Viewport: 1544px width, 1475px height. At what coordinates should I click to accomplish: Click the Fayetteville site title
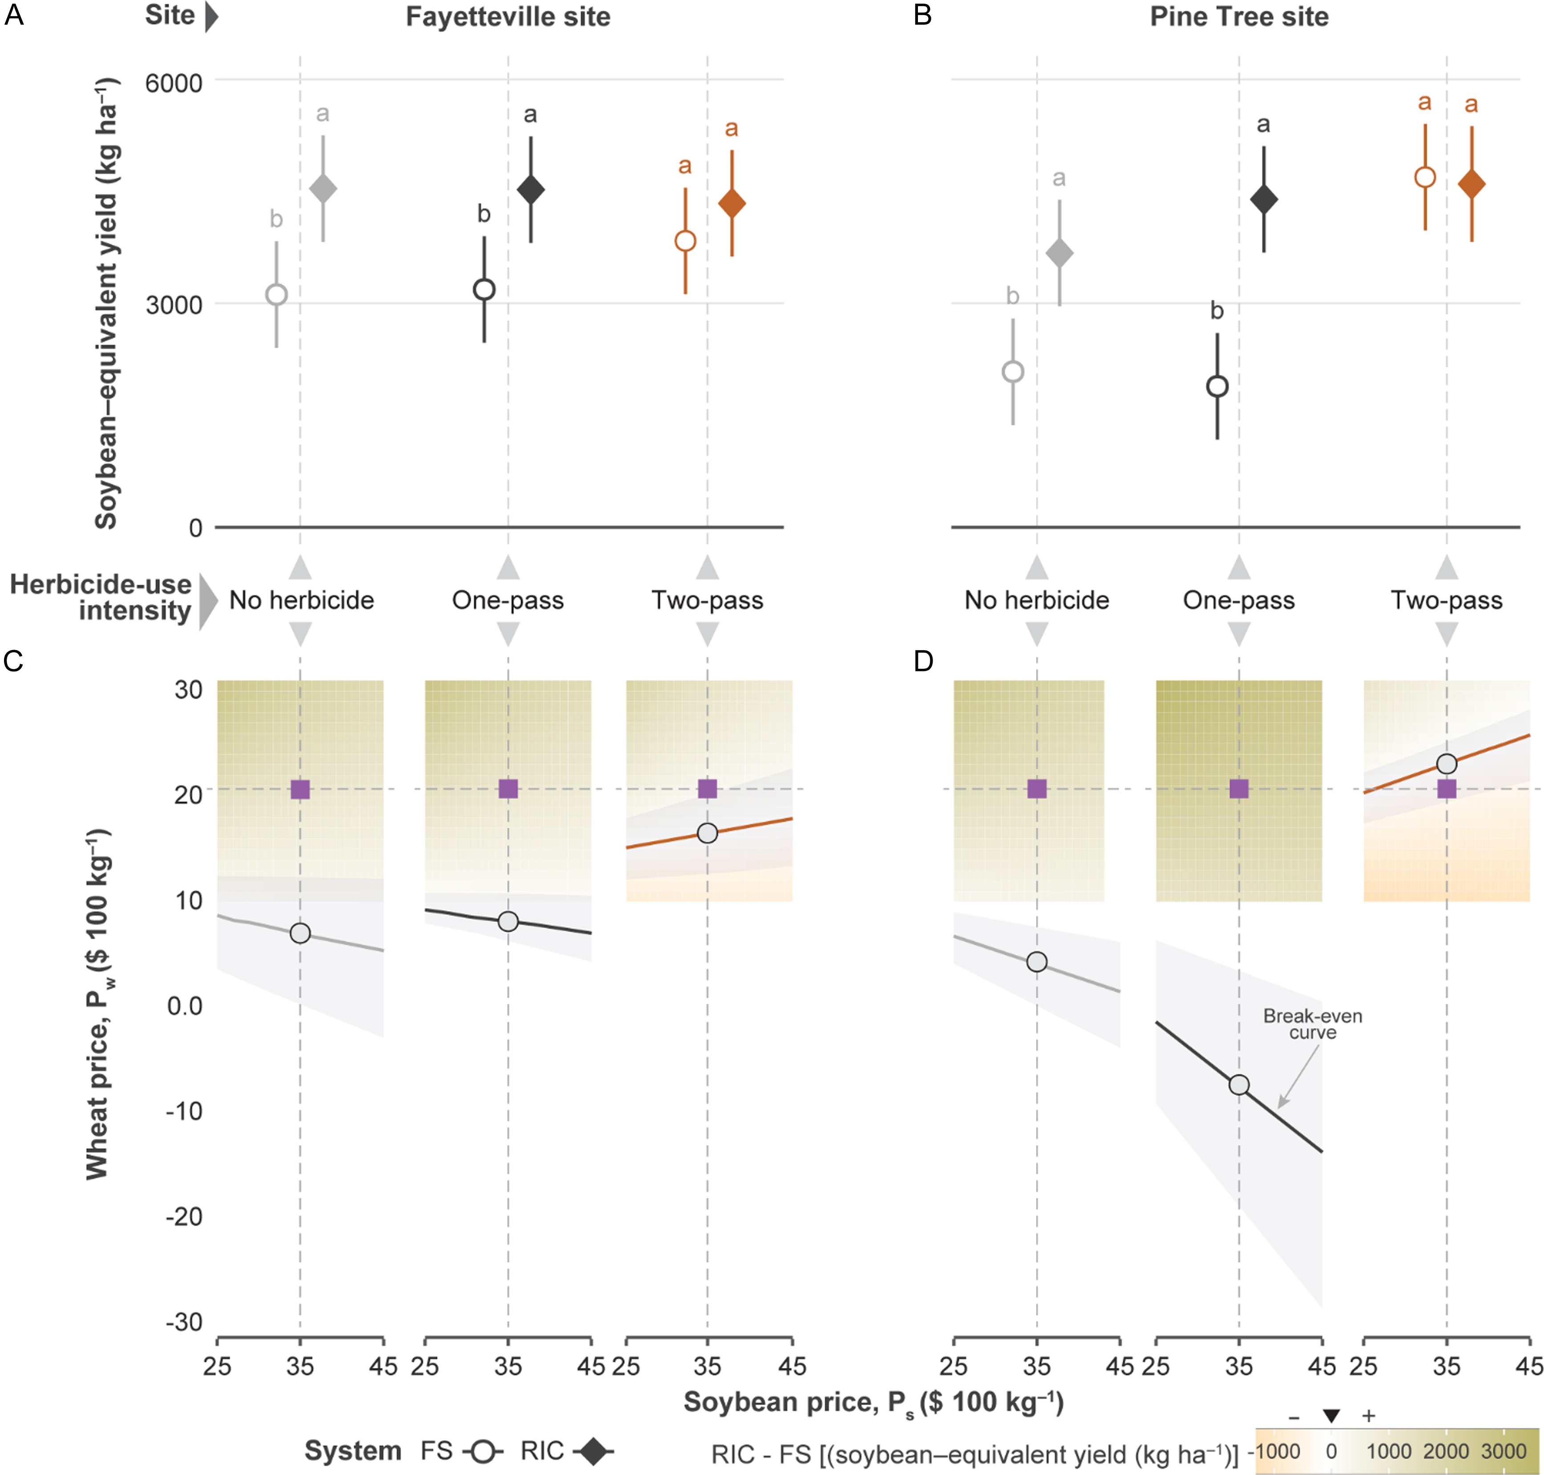[x=508, y=16]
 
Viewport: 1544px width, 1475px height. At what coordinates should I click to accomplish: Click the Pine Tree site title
[x=1239, y=16]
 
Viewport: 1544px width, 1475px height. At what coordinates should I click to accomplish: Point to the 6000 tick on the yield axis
[x=174, y=83]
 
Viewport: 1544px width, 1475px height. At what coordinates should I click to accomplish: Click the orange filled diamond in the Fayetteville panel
[x=732, y=204]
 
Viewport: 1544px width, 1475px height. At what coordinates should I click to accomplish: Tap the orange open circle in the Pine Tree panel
[x=1424, y=177]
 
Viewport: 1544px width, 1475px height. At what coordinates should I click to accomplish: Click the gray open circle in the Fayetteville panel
[x=277, y=295]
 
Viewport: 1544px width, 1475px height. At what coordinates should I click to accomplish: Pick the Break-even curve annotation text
[x=1312, y=1024]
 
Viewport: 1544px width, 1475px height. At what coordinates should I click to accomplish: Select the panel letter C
[x=13, y=661]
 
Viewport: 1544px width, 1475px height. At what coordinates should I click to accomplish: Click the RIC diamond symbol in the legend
[x=593, y=1451]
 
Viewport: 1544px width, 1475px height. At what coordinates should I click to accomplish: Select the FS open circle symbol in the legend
[x=483, y=1451]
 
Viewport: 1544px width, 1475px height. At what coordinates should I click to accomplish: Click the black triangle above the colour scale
[x=1331, y=1416]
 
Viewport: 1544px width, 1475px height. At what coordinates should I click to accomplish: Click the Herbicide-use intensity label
[x=101, y=598]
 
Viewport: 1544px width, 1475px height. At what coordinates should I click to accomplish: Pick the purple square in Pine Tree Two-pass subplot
[x=1447, y=788]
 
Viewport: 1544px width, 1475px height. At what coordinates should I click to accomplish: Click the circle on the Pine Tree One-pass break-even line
[x=1239, y=1085]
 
